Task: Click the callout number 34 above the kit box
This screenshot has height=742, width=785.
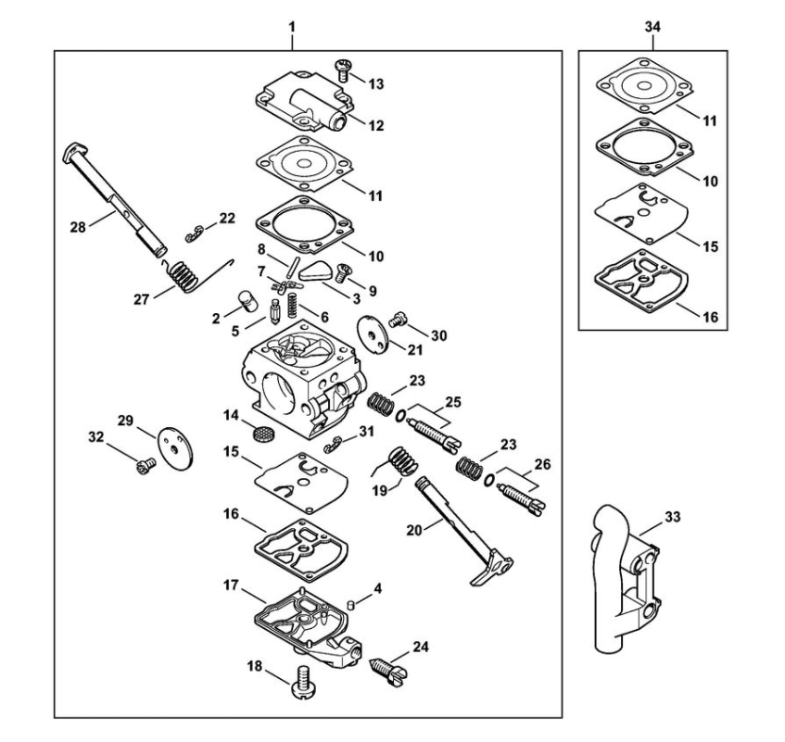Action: click(652, 27)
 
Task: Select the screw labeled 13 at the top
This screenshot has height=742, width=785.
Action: click(342, 69)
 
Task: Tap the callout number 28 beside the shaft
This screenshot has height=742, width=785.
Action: click(78, 228)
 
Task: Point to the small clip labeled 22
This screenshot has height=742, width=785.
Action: click(194, 233)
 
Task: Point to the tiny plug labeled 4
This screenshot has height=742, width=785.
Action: click(351, 605)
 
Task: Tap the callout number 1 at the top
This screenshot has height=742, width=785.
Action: click(292, 27)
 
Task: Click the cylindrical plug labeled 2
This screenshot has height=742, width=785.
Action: click(247, 300)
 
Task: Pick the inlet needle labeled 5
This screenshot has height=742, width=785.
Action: click(275, 311)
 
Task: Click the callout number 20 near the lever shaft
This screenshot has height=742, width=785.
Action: click(414, 530)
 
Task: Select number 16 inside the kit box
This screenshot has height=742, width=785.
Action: click(711, 317)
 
